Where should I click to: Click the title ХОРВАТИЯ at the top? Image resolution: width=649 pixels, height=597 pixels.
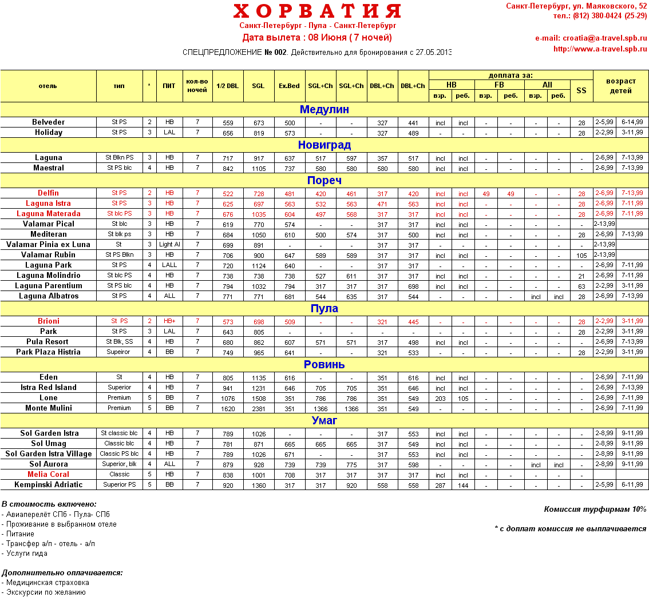317,11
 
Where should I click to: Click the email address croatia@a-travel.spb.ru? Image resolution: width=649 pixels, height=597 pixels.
591,38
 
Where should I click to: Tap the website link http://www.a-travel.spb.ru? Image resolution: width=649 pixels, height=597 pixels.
600,49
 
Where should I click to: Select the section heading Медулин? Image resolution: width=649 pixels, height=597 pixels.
324,110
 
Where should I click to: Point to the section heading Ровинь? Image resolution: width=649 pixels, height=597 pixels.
324,365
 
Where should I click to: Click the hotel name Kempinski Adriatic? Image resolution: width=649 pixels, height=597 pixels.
49,485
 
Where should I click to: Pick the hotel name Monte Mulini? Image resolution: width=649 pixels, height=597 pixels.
49,408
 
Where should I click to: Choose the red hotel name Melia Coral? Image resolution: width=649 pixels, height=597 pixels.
49,475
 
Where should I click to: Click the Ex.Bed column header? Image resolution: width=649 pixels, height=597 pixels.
289,86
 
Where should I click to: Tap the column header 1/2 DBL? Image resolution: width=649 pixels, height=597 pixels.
228,86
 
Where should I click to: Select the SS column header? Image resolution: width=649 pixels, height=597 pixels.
581,90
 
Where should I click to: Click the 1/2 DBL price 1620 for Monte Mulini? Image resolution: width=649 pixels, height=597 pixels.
228,408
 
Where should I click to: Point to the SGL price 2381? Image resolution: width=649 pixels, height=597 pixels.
259,408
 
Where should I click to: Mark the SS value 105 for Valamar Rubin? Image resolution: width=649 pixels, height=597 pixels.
581,255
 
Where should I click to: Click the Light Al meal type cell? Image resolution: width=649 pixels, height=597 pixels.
169,245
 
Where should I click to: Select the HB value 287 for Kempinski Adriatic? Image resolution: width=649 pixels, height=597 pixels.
440,485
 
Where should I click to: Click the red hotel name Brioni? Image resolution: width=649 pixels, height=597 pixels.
49,321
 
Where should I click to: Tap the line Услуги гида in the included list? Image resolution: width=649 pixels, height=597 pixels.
26,554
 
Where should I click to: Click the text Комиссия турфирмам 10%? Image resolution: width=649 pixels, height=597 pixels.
595,510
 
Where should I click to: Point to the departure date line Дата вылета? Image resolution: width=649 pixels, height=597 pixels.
317,38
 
